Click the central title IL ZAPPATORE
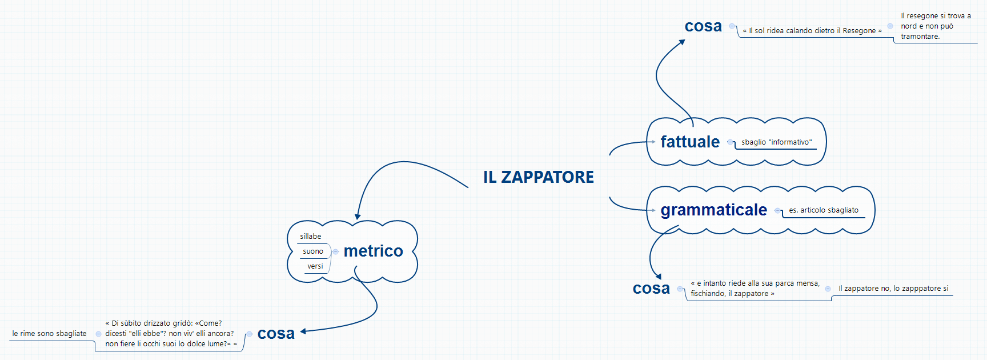point(538,177)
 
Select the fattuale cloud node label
point(690,142)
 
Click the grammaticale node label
point(713,210)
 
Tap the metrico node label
point(373,251)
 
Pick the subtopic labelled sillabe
point(310,237)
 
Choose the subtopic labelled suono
point(312,251)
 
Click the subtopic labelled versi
point(315,266)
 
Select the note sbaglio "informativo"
point(776,142)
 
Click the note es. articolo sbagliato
point(823,210)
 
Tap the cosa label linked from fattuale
point(703,26)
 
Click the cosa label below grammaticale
point(651,289)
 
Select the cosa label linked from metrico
point(276,334)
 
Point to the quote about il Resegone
point(812,31)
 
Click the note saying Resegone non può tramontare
point(935,26)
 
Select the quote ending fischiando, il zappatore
point(755,289)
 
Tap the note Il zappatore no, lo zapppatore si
point(893,289)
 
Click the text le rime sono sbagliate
point(49,334)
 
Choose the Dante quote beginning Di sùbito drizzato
point(170,334)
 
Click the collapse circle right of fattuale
point(730,142)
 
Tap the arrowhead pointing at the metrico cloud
point(358,217)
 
